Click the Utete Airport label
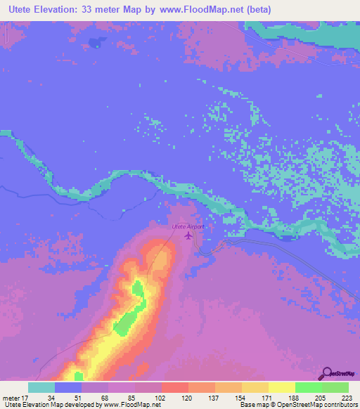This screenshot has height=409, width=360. click(x=188, y=227)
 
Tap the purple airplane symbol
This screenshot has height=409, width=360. click(x=188, y=235)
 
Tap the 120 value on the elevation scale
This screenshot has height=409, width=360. click(x=175, y=397)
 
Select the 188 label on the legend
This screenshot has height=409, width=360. click(x=282, y=397)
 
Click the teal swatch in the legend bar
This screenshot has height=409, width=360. click(x=41, y=387)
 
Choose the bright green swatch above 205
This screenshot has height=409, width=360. click(x=308, y=387)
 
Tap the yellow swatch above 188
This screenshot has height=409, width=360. click(x=281, y=387)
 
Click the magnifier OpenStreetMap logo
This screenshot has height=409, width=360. click(x=328, y=372)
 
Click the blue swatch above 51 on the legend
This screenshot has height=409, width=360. click(x=68, y=387)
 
